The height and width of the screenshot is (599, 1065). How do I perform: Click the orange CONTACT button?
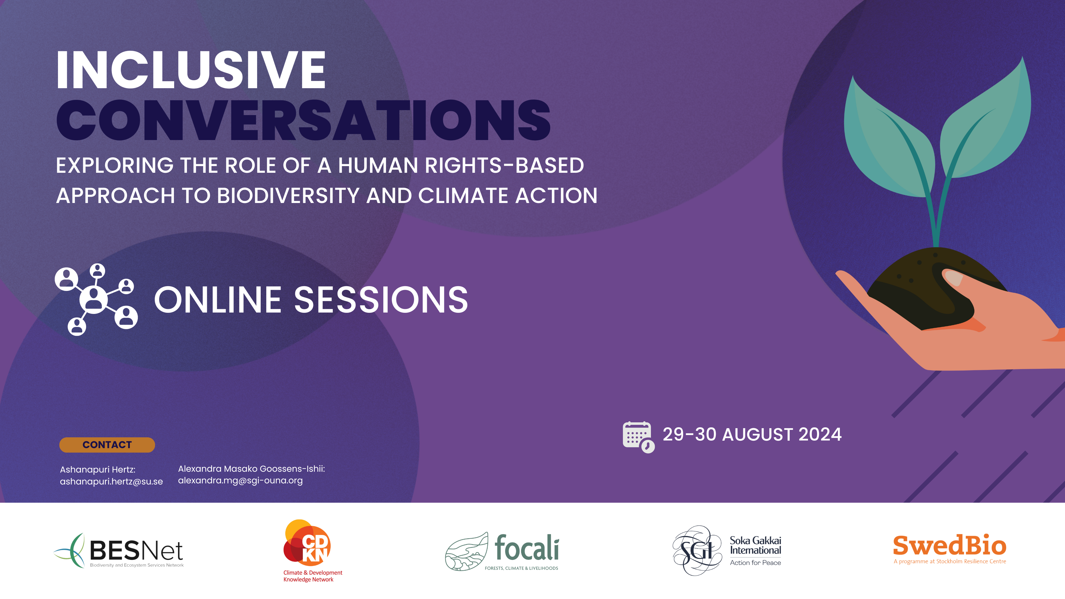[107, 445]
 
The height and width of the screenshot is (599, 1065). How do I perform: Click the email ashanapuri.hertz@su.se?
[111, 482]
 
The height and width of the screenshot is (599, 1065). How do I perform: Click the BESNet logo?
[119, 551]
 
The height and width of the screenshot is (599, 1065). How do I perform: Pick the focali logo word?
[527, 547]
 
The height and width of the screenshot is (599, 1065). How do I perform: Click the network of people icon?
[96, 299]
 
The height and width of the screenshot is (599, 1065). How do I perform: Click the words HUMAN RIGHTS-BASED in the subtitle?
[461, 165]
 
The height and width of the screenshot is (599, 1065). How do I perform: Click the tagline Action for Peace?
[755, 563]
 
